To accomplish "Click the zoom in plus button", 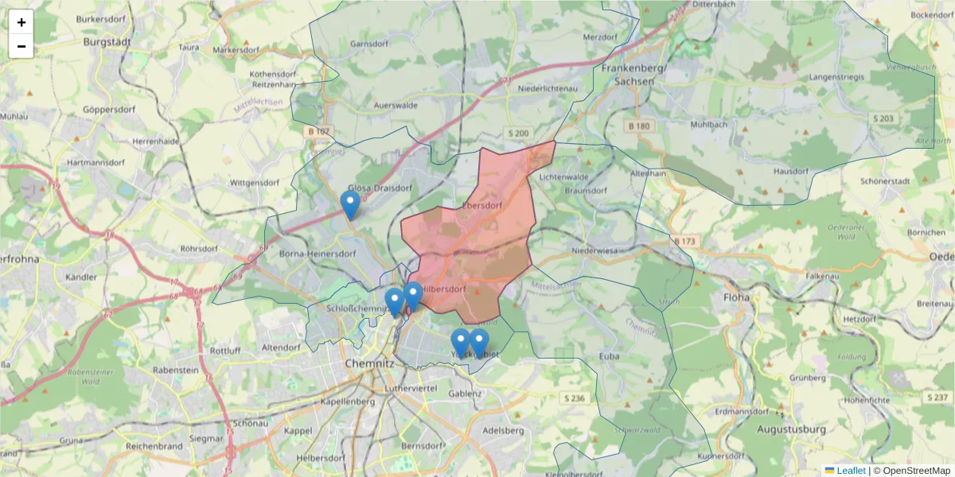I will tap(21, 22).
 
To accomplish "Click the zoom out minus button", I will tap(21, 46).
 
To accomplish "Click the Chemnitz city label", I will tap(370, 363).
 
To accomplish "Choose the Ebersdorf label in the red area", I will tap(481, 206).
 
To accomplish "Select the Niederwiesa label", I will tap(594, 251).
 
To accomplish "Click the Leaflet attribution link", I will tap(850, 471).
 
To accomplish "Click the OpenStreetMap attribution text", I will tap(911, 471).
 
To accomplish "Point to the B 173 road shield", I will tap(684, 241).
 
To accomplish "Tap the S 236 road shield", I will tap(573, 397).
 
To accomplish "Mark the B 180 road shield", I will tap(638, 126).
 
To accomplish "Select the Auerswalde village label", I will tap(396, 105).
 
